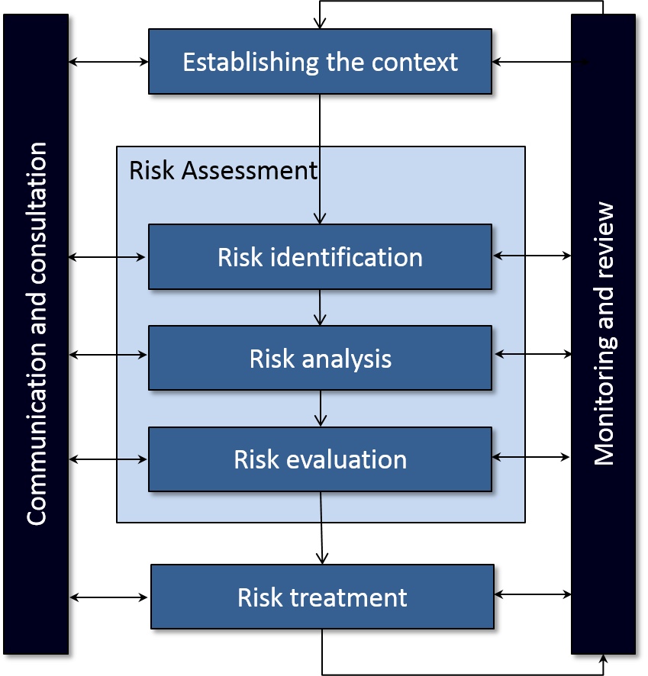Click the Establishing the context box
click(x=320, y=62)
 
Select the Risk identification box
click(x=320, y=257)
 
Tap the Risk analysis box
click(x=320, y=358)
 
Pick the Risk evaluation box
click(x=320, y=459)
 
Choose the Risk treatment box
click(x=322, y=597)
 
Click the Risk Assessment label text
click(x=223, y=170)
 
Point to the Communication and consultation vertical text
click(x=37, y=333)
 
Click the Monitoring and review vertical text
click(x=604, y=333)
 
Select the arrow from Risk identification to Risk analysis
click(x=320, y=307)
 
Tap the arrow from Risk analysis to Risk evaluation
click(x=320, y=408)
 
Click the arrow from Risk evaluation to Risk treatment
click(x=321, y=528)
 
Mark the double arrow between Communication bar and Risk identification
click(x=108, y=258)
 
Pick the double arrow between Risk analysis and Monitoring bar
click(x=533, y=354)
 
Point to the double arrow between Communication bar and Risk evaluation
click(x=108, y=459)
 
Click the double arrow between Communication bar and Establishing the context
click(x=108, y=62)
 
